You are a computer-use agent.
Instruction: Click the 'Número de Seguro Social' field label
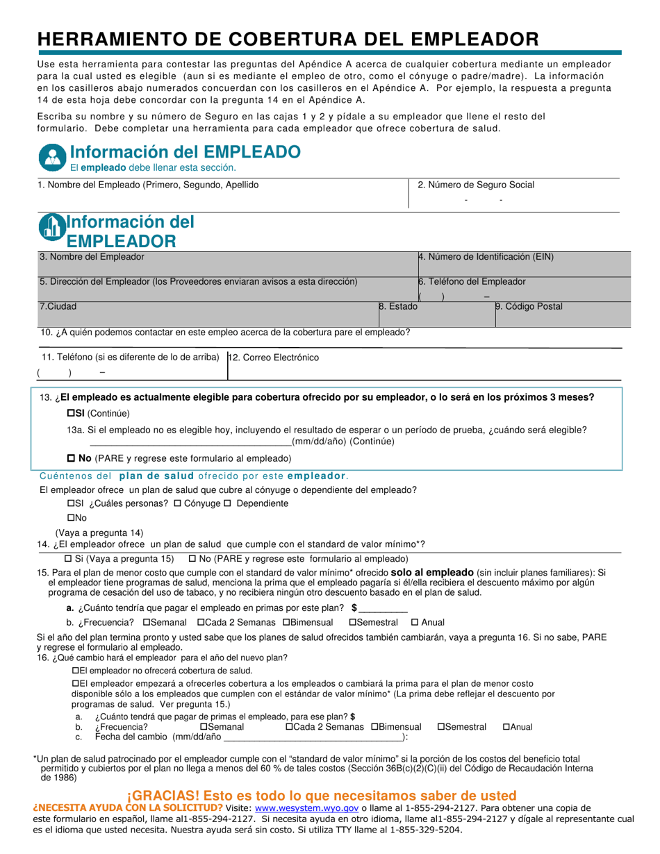coord(476,185)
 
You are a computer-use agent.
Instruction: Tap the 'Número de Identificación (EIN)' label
coord(486,257)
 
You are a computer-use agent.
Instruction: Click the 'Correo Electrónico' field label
coord(274,358)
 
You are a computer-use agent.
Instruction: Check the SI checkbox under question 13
coord(71,413)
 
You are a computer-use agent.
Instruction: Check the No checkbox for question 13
coord(70,458)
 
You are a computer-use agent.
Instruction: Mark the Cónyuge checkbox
coord(177,503)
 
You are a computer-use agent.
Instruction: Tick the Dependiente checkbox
coord(226,503)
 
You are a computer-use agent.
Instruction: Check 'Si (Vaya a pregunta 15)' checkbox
coord(68,559)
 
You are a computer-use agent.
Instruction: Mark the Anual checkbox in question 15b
coord(415,623)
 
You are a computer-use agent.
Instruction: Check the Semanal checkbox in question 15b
coord(147,623)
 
